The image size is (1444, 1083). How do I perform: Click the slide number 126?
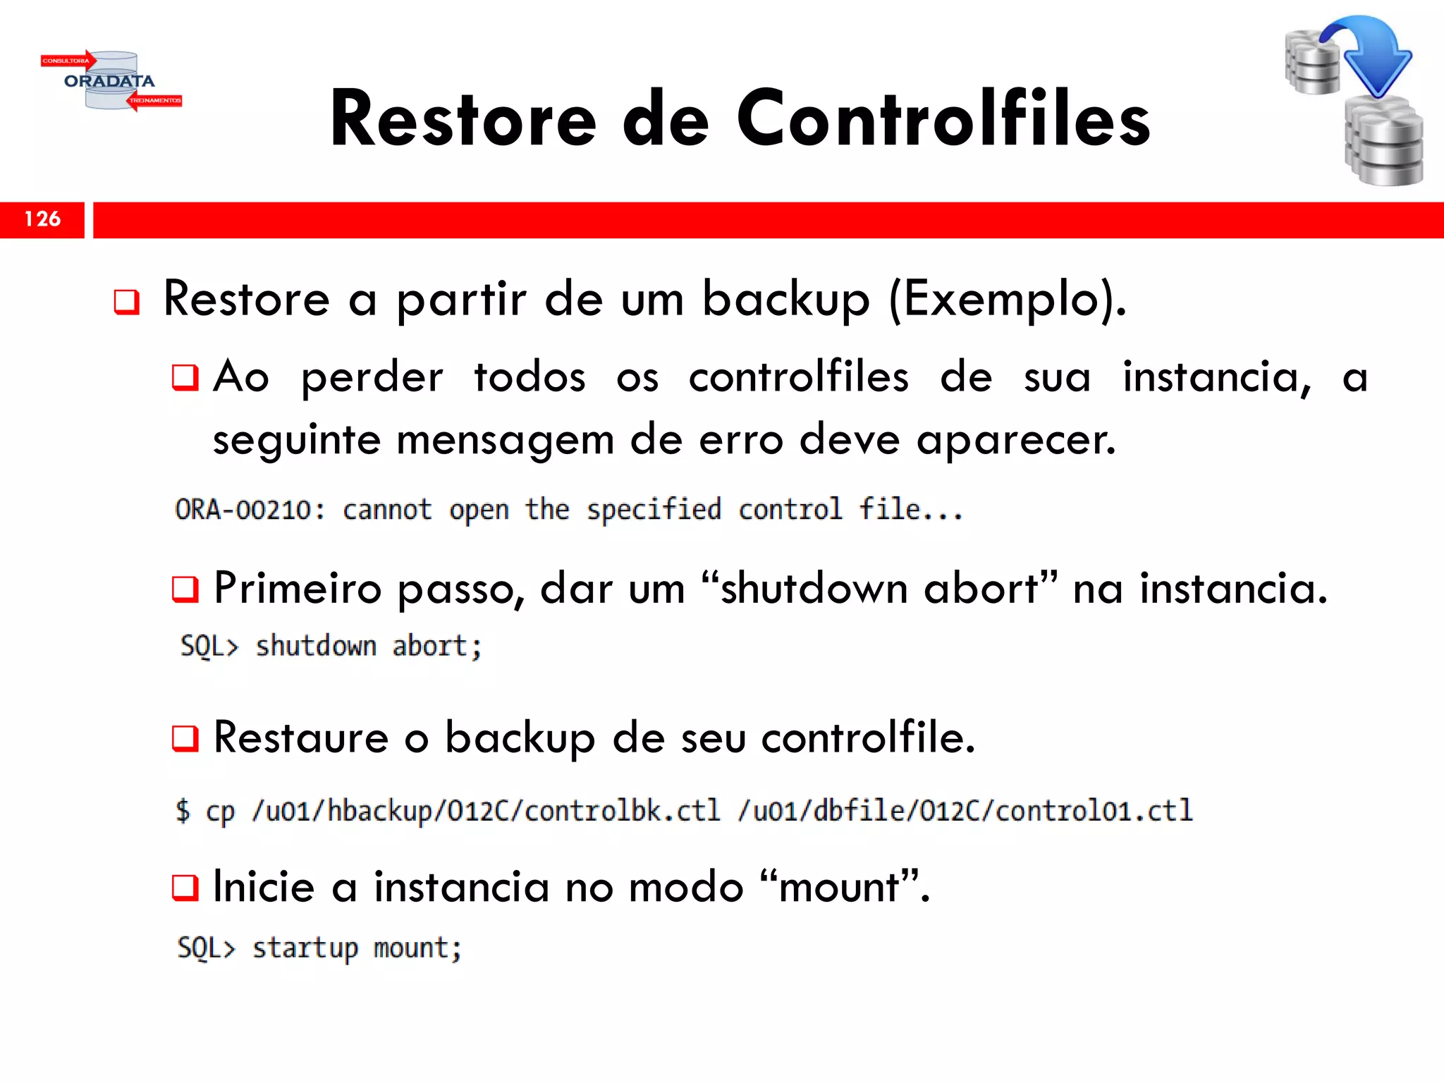coord(42,219)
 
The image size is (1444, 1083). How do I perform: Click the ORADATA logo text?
coord(109,81)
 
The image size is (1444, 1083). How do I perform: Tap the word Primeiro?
coord(297,588)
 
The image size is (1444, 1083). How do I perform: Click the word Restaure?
coord(300,738)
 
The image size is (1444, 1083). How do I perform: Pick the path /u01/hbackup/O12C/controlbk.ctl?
coord(486,811)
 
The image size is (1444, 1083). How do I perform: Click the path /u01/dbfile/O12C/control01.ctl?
coord(965,811)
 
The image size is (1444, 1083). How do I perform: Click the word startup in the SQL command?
coord(305,948)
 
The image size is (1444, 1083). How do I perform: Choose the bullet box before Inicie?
coord(185,888)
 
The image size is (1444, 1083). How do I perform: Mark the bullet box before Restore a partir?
coord(127,302)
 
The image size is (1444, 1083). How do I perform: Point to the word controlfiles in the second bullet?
coord(798,377)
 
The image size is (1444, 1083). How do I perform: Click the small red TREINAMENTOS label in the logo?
coord(155,101)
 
